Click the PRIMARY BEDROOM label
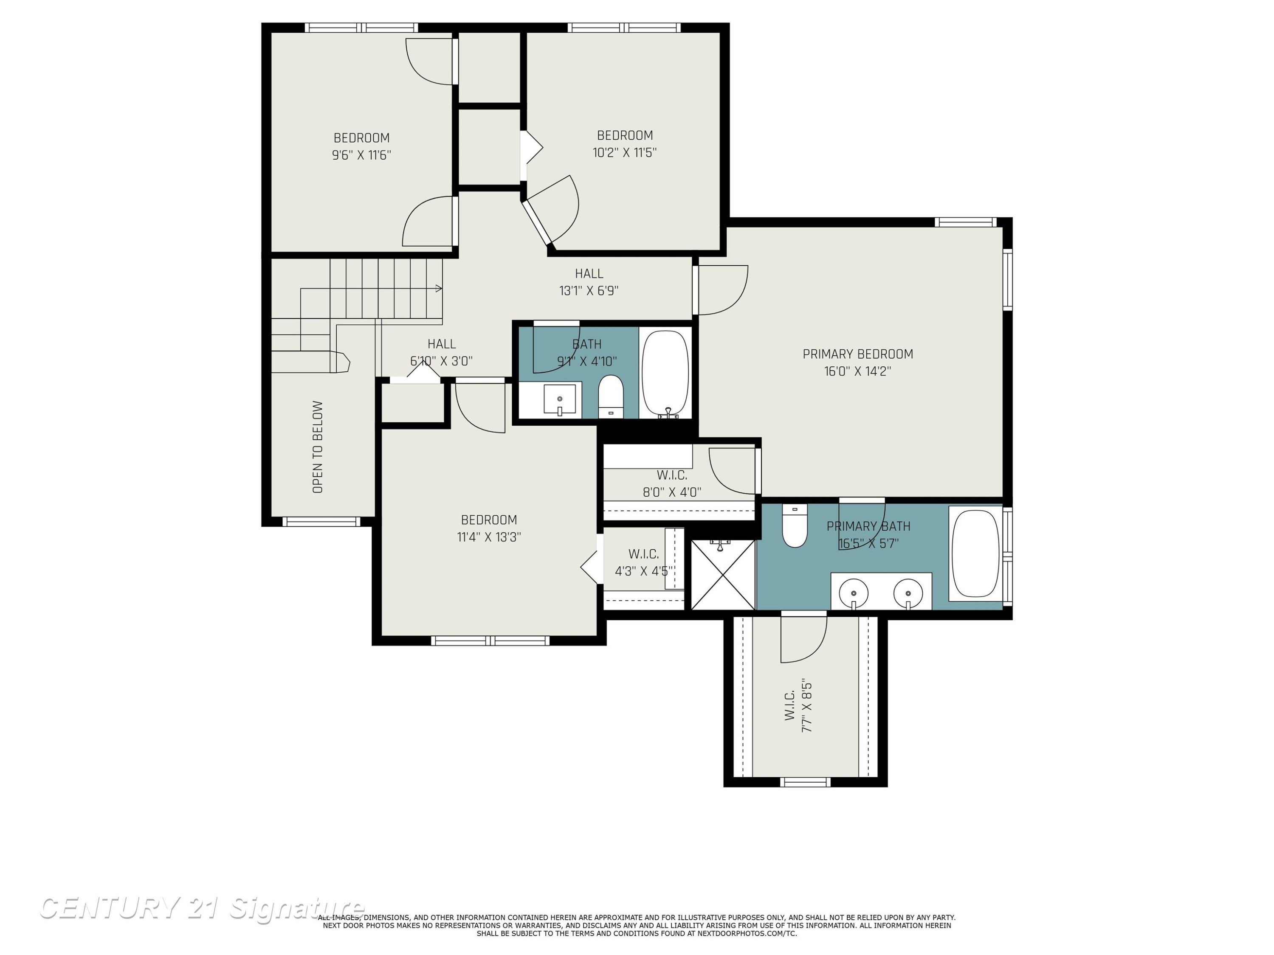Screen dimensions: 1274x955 857,354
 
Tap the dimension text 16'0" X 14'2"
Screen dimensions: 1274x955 857,371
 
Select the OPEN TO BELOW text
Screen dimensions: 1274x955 317,447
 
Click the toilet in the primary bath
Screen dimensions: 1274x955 795,525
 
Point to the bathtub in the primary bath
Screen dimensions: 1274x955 975,554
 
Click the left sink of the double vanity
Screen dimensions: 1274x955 854,593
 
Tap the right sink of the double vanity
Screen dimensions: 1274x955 908,593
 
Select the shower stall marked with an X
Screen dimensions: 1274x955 723,575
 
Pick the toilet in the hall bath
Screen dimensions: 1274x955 611,396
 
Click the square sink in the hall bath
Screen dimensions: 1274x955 560,399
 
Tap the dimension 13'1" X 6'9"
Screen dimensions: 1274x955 589,291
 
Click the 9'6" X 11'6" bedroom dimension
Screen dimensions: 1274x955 362,155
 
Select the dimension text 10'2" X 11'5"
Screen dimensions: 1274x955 625,152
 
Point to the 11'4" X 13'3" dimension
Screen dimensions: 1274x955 489,537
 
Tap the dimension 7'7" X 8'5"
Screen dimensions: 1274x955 807,706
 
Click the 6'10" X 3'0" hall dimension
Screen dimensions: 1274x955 441,361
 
